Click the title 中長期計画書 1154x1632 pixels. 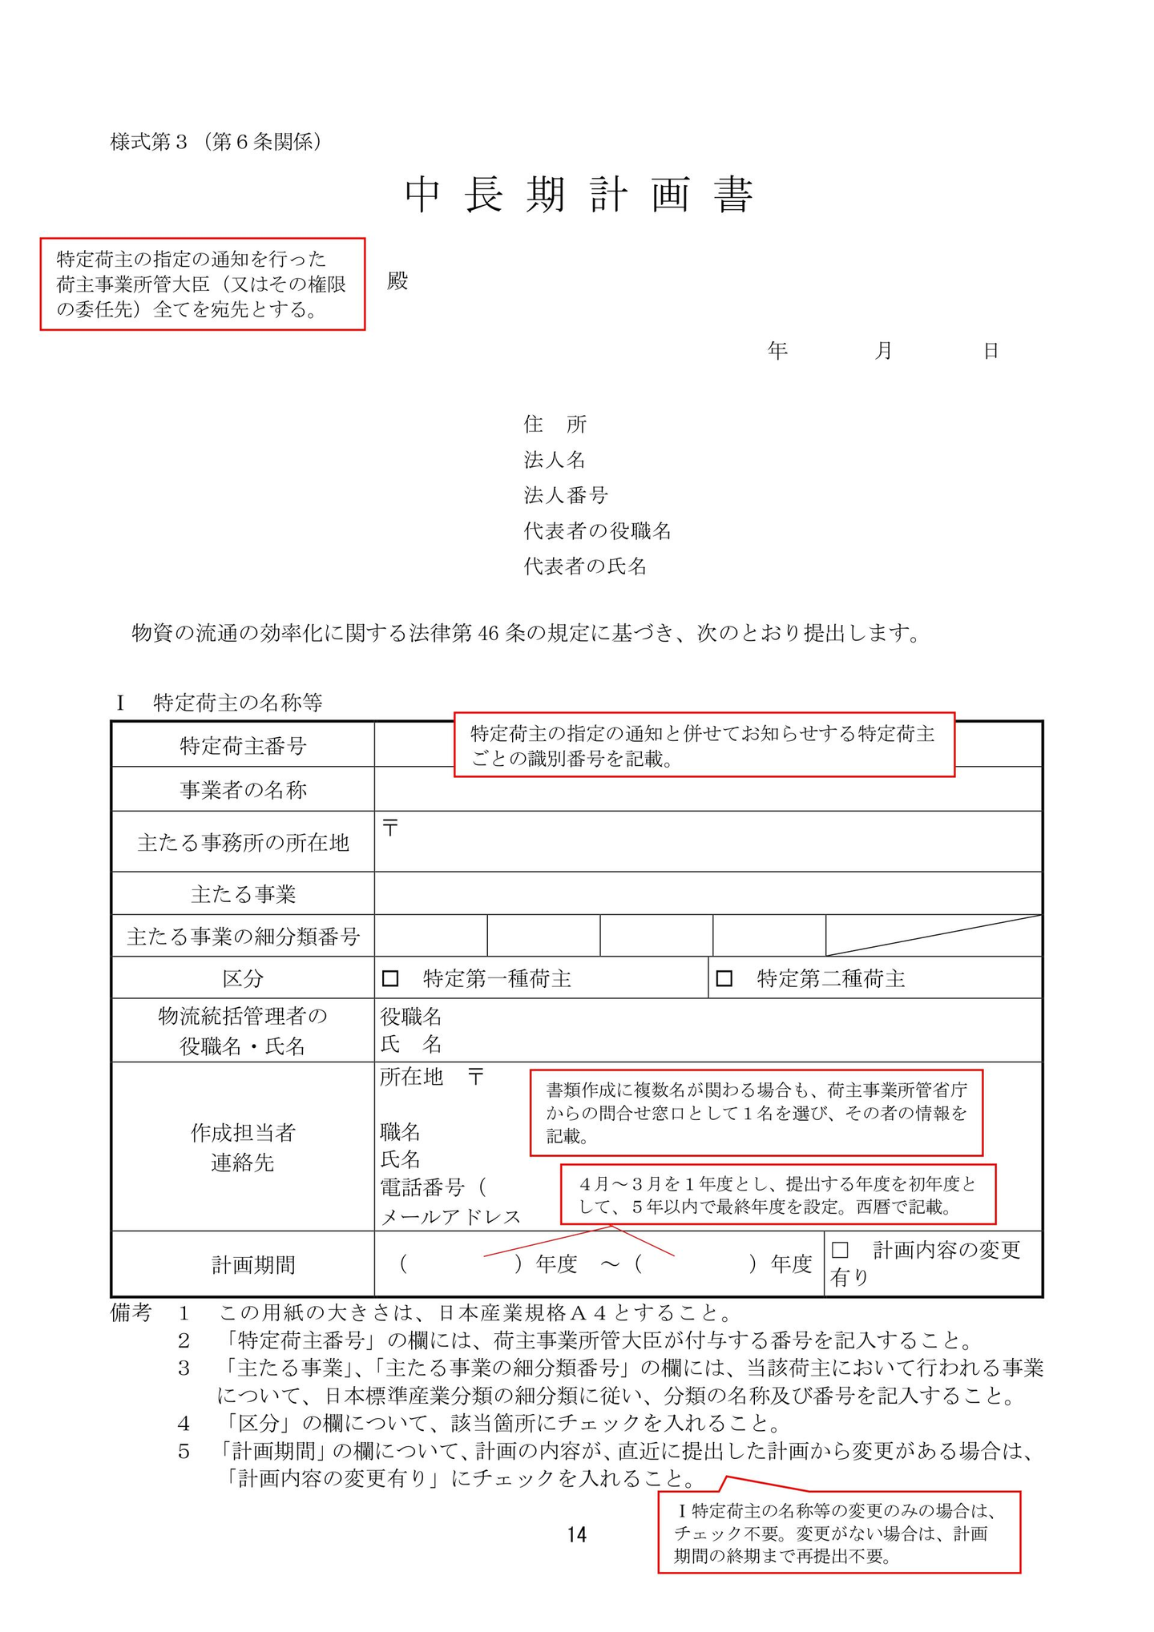579,195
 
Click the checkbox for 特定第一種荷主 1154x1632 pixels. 390,978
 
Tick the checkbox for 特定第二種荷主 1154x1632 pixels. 724,978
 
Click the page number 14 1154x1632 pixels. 576,1534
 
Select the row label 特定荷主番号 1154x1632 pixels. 243,746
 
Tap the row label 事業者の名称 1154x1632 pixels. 243,790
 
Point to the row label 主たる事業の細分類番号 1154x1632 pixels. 243,936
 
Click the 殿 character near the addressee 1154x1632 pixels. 397,281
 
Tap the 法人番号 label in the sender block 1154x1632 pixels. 566,495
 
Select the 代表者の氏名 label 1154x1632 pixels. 585,566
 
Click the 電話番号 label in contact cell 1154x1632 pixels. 422,1186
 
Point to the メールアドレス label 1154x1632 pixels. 450,1217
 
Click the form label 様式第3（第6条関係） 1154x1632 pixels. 216,142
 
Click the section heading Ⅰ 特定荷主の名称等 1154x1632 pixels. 220,703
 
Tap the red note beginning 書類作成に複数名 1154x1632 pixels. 756,1112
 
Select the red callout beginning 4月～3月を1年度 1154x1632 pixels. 777,1195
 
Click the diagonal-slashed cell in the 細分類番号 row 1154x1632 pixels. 934,936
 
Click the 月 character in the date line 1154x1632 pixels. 883,350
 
